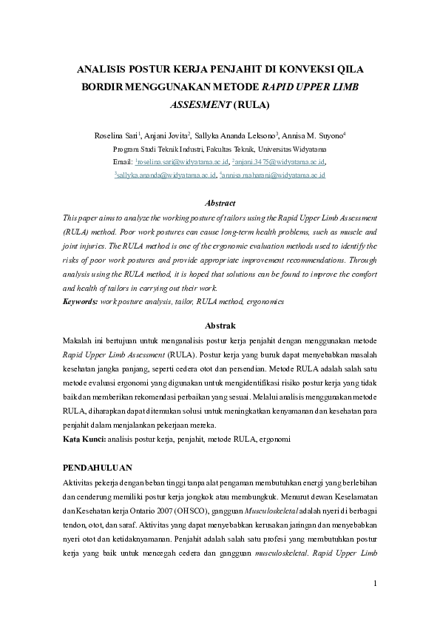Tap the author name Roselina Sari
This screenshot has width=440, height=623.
(115, 135)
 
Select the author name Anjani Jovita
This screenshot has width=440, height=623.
(166, 135)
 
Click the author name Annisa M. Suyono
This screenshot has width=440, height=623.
(308, 135)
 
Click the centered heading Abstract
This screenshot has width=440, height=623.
(220, 203)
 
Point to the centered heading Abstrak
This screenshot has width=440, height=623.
(220, 325)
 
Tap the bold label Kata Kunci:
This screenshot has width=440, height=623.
(84, 440)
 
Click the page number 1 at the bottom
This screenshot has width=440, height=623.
(375, 584)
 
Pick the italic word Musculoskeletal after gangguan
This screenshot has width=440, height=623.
(294, 511)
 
